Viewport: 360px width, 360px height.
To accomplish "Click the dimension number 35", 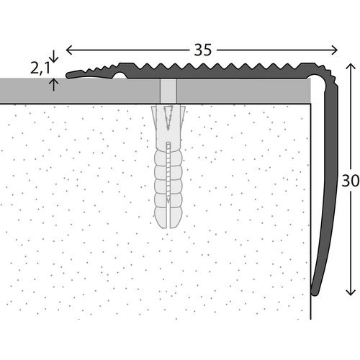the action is pos(203,50).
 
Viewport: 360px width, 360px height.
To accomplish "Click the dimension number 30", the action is pos(351,181).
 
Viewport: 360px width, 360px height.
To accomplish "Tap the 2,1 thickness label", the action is pos(40,68).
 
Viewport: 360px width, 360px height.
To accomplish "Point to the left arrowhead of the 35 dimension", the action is pos(69,50).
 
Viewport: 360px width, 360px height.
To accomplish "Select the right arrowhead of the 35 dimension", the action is pos(334,50).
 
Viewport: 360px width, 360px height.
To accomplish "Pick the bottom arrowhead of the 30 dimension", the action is pos(351,292).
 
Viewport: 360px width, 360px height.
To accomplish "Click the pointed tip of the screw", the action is pos(168,199).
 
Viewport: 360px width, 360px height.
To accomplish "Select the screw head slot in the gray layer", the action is pos(168,91).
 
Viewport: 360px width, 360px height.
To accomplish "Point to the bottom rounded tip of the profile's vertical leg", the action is pos(315,293).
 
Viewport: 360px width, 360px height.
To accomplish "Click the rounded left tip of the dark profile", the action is pos(68,75).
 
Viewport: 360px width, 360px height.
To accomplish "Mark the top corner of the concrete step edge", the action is pos(311,104).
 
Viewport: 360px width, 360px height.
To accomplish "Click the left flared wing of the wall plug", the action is pos(154,114).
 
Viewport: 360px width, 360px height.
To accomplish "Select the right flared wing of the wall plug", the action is pos(183,114).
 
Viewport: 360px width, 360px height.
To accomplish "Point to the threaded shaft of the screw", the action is pos(168,171).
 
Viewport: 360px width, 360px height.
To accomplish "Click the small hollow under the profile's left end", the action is pos(120,76).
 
